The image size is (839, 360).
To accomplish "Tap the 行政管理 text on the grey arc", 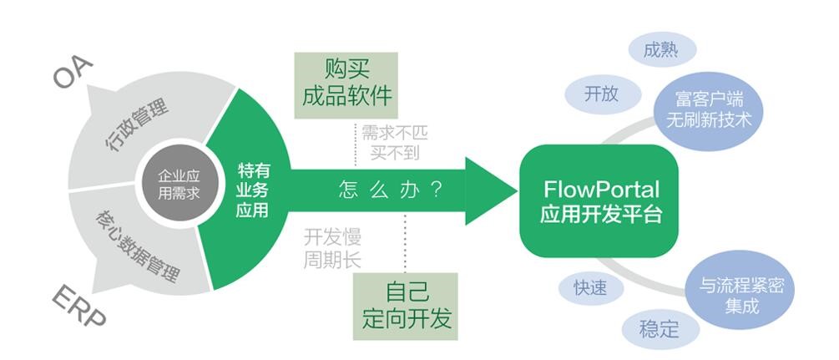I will (136, 125).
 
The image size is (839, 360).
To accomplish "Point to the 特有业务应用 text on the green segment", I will (253, 190).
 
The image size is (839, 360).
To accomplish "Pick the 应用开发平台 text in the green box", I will (601, 214).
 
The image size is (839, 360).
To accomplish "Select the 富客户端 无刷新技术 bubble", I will (710, 110).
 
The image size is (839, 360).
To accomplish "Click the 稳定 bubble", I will (660, 328).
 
